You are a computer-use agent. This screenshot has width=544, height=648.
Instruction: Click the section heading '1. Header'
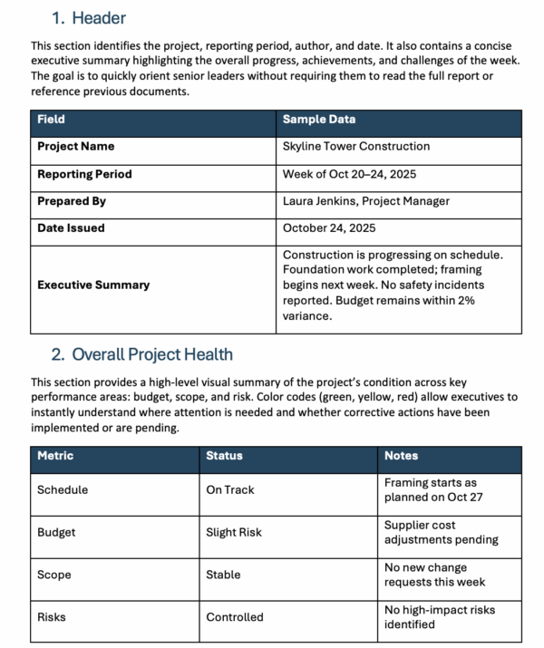88,18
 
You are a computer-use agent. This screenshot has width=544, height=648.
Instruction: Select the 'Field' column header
51,120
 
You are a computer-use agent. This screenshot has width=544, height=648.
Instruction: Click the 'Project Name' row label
76,147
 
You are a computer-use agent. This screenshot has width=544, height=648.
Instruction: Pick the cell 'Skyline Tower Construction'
356,147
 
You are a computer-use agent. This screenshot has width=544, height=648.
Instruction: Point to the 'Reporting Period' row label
84,174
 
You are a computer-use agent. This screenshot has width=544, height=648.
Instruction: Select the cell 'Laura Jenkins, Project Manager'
365,201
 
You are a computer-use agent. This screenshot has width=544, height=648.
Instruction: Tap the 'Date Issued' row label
71,228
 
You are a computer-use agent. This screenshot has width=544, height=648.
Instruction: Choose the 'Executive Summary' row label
92,285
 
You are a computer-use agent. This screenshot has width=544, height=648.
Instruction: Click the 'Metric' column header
55,456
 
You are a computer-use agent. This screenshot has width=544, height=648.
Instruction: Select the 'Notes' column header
401,456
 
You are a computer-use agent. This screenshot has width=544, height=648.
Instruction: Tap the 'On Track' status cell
230,490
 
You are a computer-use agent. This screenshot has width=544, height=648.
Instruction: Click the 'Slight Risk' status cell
234,533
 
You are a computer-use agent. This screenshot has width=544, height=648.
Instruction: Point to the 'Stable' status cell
223,575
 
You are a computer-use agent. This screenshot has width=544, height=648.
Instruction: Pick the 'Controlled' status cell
235,617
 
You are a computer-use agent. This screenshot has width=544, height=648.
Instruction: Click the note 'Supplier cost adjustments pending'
441,533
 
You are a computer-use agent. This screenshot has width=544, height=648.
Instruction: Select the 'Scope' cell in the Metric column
53,575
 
